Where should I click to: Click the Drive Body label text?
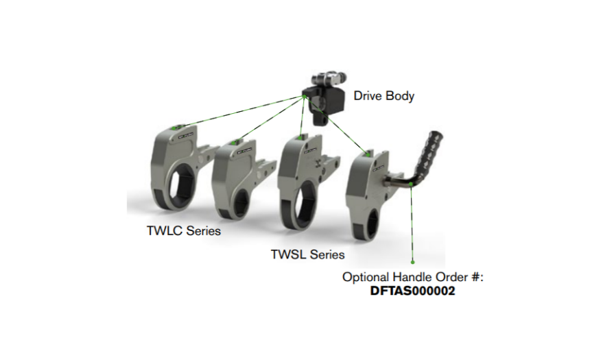(x=384, y=96)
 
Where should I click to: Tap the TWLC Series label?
(x=184, y=231)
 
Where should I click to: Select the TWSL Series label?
(x=307, y=255)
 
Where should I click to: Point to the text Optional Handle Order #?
(x=414, y=278)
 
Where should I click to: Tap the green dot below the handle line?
(x=413, y=261)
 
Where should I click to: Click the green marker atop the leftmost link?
(x=180, y=127)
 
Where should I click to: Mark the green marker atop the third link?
(x=301, y=138)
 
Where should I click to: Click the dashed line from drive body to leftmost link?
(x=240, y=112)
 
